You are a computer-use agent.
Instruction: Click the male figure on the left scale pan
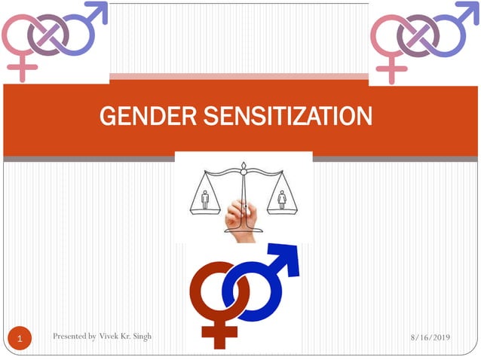(204, 199)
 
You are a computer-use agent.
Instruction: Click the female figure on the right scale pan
(282, 199)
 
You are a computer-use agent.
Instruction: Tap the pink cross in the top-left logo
(24, 70)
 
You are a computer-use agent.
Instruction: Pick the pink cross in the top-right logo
(391, 70)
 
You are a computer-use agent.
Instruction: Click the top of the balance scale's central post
(244, 166)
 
